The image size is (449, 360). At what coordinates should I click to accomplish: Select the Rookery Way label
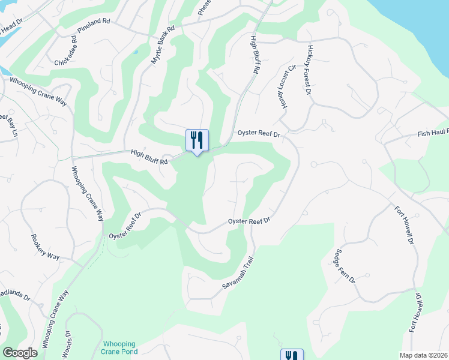[45, 247]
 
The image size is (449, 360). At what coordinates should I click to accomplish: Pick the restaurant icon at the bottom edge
[292, 355]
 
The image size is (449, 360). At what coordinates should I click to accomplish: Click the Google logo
[20, 353]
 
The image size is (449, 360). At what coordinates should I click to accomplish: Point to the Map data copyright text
[423, 355]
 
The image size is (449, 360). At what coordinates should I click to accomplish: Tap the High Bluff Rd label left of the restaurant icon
[149, 157]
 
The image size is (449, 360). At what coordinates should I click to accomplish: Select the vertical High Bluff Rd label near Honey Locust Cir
[255, 55]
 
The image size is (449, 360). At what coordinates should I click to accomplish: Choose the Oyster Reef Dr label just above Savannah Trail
[250, 221]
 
